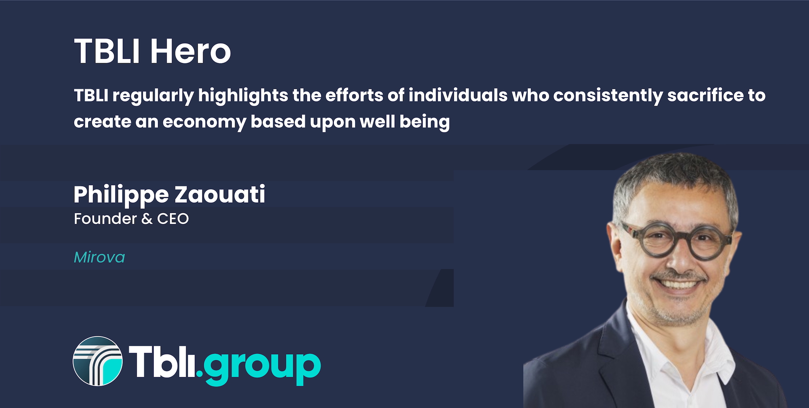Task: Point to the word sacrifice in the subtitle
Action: pos(705,96)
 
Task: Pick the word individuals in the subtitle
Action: pos(458,96)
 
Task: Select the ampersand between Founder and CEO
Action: pos(147,219)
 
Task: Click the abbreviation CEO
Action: pos(173,219)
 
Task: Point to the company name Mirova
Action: pos(100,257)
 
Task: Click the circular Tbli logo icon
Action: pos(97,361)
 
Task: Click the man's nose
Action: pos(681,259)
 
